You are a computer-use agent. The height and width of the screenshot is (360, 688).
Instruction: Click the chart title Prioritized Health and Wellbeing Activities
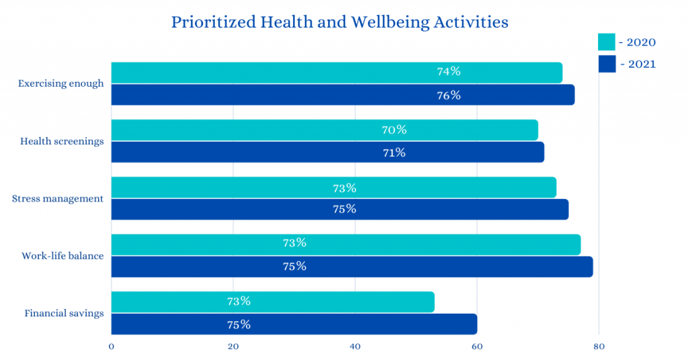point(339,22)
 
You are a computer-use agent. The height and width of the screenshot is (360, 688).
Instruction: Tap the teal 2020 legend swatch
point(606,42)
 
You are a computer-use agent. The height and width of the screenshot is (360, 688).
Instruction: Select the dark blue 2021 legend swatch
point(606,64)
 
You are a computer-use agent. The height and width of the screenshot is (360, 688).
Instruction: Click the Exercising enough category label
point(61,84)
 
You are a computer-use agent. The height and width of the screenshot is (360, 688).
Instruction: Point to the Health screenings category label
point(62,141)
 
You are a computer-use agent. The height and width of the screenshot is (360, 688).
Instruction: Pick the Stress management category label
point(58,199)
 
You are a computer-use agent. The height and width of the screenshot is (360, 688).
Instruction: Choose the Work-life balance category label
point(62,256)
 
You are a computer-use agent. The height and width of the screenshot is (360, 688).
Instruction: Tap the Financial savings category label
point(64,313)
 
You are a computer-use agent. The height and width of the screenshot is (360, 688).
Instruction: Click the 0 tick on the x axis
point(111,347)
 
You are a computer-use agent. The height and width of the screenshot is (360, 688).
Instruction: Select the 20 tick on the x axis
point(233,347)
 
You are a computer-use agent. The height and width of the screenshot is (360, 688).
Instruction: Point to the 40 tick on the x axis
point(355,347)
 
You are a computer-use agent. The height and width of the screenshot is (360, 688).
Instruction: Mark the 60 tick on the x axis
point(477,347)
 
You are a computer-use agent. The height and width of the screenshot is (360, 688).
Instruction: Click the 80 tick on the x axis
point(599,347)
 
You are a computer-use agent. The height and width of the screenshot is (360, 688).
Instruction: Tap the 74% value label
point(448,72)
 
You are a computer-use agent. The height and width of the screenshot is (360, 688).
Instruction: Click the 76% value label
point(448,95)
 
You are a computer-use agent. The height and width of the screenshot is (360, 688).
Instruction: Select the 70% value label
point(394,130)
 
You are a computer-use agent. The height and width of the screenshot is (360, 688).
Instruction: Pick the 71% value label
point(394,152)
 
